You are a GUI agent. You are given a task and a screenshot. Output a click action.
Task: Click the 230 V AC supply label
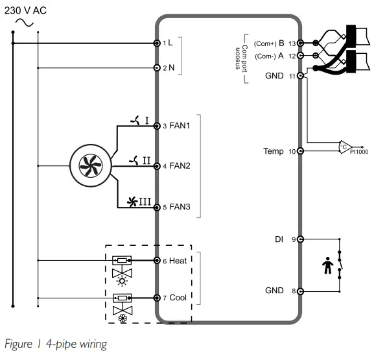coord(26,10)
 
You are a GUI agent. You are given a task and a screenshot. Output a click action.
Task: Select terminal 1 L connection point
coord(157,43)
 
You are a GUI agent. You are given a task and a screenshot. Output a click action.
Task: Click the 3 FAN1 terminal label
coord(176,126)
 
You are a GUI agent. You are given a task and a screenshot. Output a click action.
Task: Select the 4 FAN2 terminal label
coord(176,166)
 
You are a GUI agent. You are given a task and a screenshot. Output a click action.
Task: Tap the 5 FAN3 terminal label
coord(176,207)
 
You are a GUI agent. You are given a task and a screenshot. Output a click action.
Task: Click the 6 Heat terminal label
coord(174,260)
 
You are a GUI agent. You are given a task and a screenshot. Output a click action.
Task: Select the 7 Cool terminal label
coord(174,298)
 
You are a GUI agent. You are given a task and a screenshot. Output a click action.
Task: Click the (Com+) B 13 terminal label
coord(274,43)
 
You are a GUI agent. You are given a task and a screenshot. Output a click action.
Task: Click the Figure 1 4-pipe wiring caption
coord(55,343)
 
